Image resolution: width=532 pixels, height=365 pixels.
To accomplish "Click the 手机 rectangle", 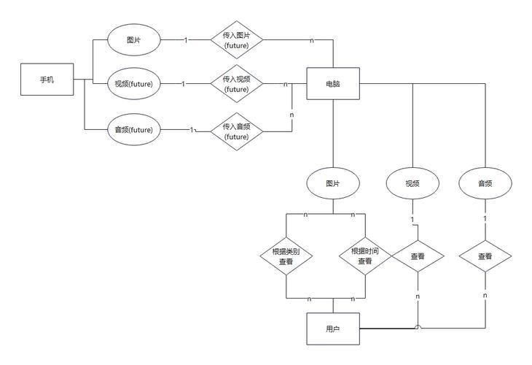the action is (x=47, y=80).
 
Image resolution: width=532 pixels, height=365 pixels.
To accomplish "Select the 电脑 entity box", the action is (x=333, y=84).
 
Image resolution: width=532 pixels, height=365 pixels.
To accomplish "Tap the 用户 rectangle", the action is (x=333, y=328).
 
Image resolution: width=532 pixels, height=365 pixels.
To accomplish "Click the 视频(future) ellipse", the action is (x=133, y=84).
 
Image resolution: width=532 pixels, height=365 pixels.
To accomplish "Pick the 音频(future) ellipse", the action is (x=133, y=129).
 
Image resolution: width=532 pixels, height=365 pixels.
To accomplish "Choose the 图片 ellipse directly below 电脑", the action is (x=333, y=183).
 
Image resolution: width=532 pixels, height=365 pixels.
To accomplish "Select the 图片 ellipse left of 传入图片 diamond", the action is (x=133, y=39).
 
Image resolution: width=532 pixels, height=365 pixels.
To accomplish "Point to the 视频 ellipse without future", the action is (x=412, y=183).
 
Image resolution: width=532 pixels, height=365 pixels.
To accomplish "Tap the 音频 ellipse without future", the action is (x=485, y=183).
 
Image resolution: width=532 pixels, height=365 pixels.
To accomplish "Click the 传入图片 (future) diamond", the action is (x=237, y=39).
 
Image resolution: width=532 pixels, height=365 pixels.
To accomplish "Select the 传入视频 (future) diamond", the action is (x=237, y=84).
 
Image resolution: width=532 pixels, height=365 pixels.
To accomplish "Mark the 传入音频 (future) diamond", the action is (x=237, y=131).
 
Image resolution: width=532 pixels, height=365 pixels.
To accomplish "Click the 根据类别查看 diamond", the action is (x=286, y=256).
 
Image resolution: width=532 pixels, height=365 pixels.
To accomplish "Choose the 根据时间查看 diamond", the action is (x=365, y=256).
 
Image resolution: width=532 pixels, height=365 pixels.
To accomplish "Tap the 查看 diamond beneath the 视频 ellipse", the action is (x=418, y=256).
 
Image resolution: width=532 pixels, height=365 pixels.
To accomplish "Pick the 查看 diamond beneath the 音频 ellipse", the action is (x=485, y=256).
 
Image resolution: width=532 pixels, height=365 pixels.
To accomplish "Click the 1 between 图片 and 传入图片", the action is (x=186, y=40).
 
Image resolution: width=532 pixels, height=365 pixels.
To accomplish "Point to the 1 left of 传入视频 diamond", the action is (x=184, y=84).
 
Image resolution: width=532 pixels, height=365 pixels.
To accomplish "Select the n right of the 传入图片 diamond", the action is (x=312, y=40).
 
